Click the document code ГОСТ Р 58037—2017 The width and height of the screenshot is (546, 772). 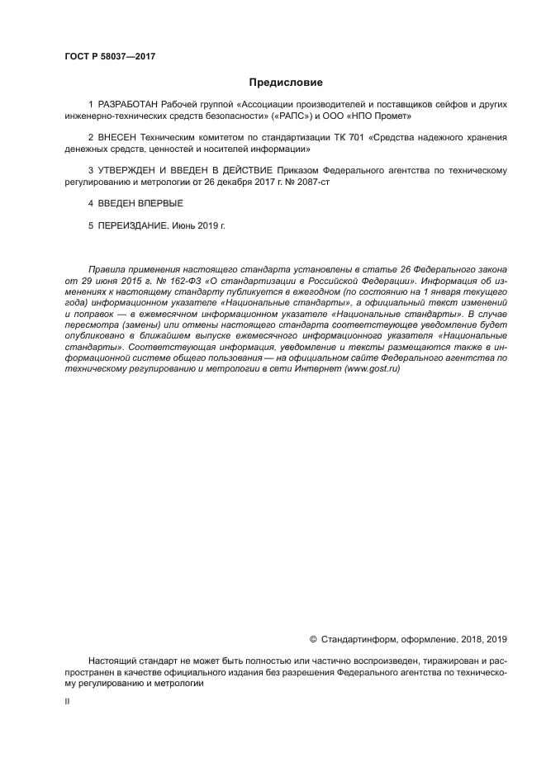click(x=110, y=57)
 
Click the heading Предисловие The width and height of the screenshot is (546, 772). click(x=286, y=83)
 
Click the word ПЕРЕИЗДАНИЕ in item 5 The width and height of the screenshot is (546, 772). click(x=132, y=224)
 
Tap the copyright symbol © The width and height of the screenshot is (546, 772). click(x=312, y=638)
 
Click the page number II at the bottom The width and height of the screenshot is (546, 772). click(x=67, y=702)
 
